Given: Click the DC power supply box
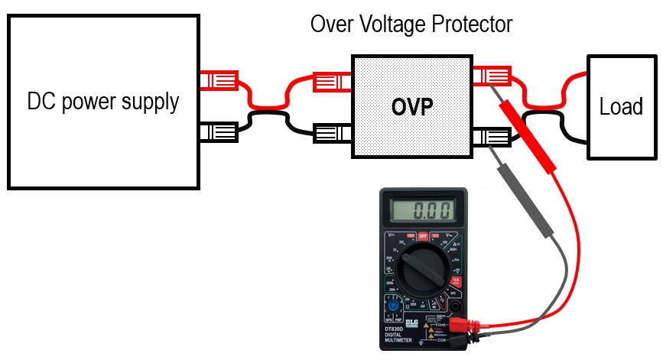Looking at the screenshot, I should tap(102, 102).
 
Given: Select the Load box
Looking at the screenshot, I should tap(620, 107).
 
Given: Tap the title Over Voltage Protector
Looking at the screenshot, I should tap(411, 24).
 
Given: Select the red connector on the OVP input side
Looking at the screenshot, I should tap(332, 79).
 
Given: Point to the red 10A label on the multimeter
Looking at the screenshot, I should tap(457, 281).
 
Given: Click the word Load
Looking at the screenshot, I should tap(620, 107).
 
